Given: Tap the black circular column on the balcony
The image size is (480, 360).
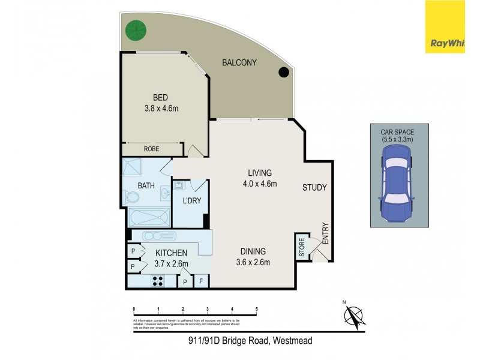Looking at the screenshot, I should [283, 73].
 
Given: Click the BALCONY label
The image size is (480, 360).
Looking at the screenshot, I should [239, 62].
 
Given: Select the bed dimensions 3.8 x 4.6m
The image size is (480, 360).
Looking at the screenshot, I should [161, 109].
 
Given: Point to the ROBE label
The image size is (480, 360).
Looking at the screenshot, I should [151, 149].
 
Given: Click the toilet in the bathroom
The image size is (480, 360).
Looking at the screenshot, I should [131, 197].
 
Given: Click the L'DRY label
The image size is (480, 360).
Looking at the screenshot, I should [191, 200].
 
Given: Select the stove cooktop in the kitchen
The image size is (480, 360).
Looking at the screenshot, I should [158, 280].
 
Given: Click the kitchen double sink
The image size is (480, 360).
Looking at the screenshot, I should [160, 235].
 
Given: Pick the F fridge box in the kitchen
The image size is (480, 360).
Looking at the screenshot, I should [201, 281].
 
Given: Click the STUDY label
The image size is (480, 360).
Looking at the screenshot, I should [314, 188].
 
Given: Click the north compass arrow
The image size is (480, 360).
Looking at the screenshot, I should [354, 316].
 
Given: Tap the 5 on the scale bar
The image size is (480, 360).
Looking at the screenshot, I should [256, 310].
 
